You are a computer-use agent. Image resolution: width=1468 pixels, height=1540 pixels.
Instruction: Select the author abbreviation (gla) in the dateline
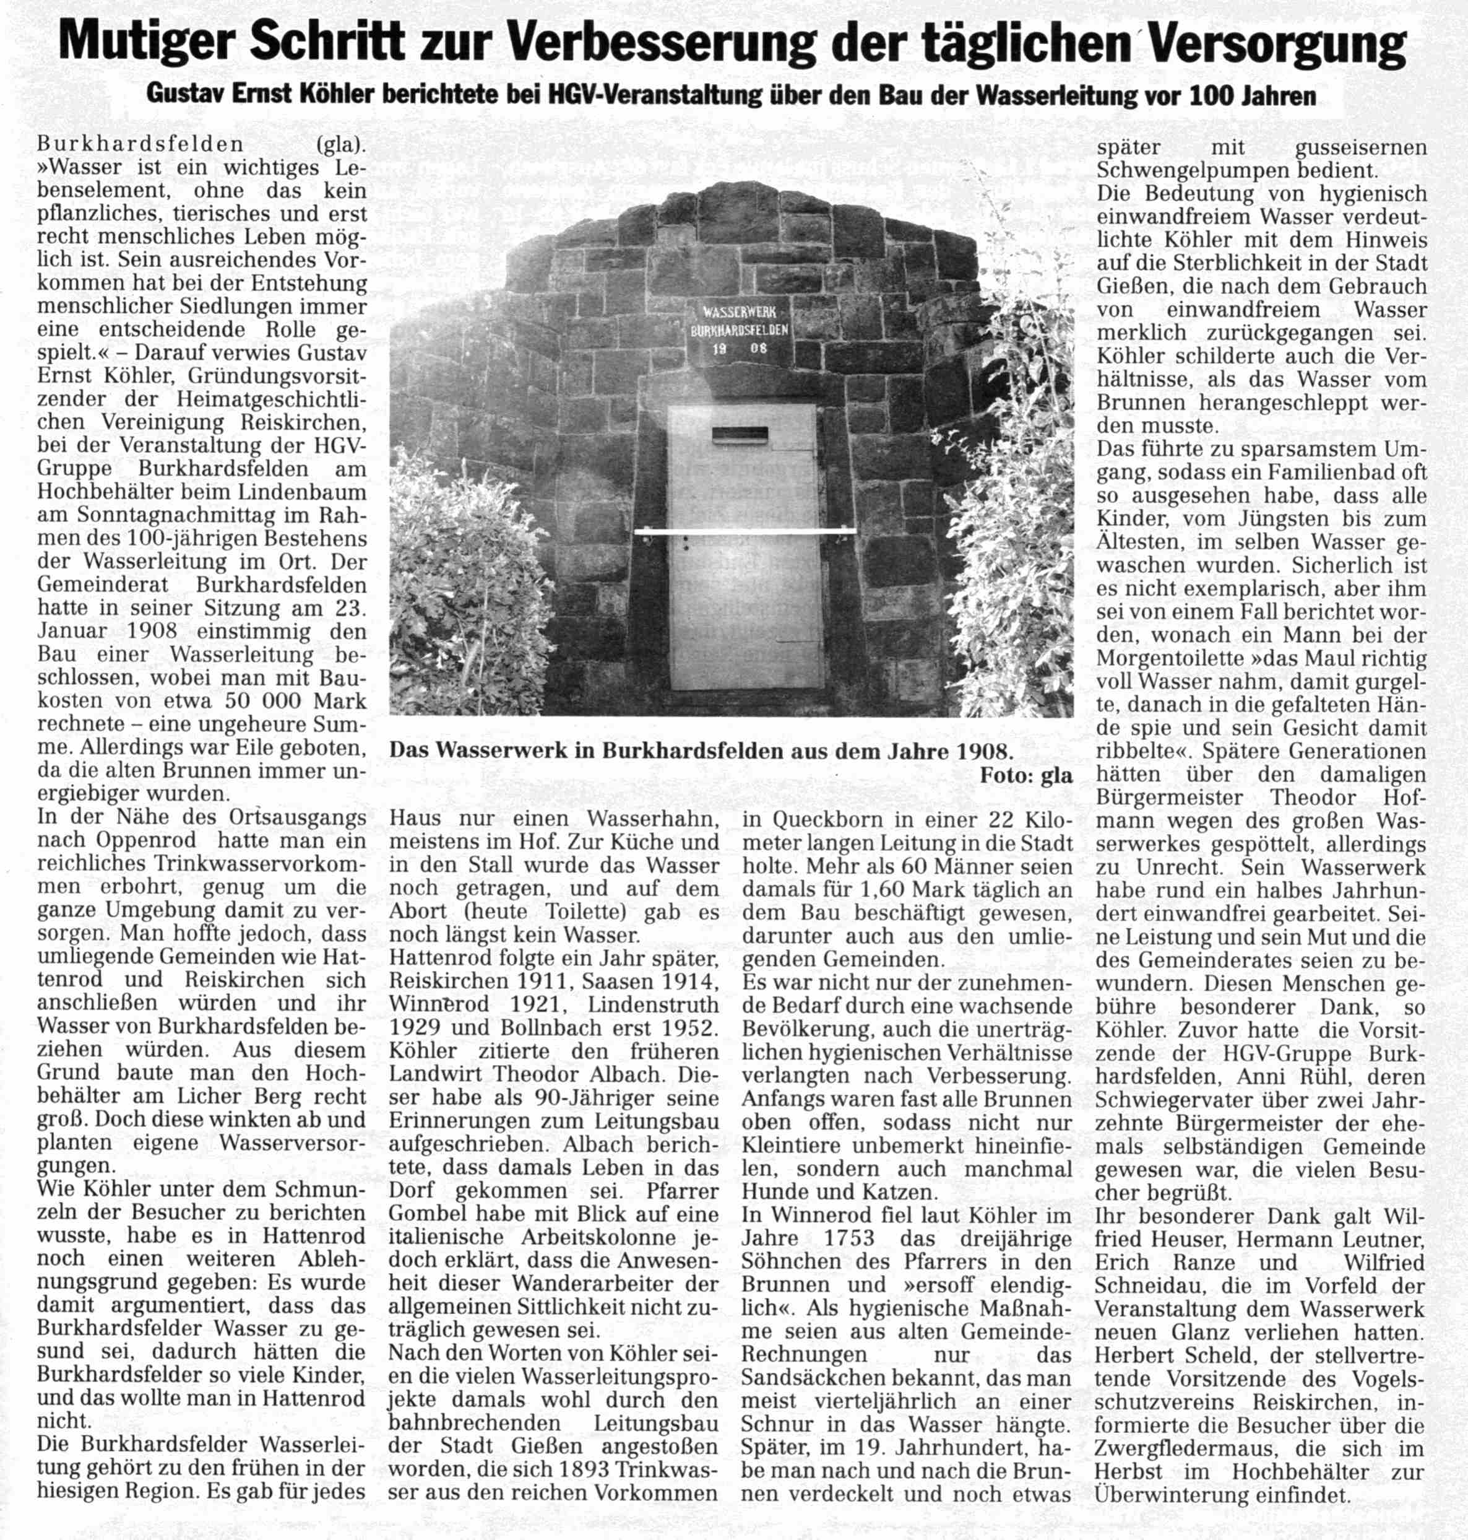[341, 145]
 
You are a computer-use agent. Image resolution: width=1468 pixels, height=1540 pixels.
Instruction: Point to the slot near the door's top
[740, 433]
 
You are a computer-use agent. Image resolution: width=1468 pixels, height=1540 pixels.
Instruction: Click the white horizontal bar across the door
[744, 533]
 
